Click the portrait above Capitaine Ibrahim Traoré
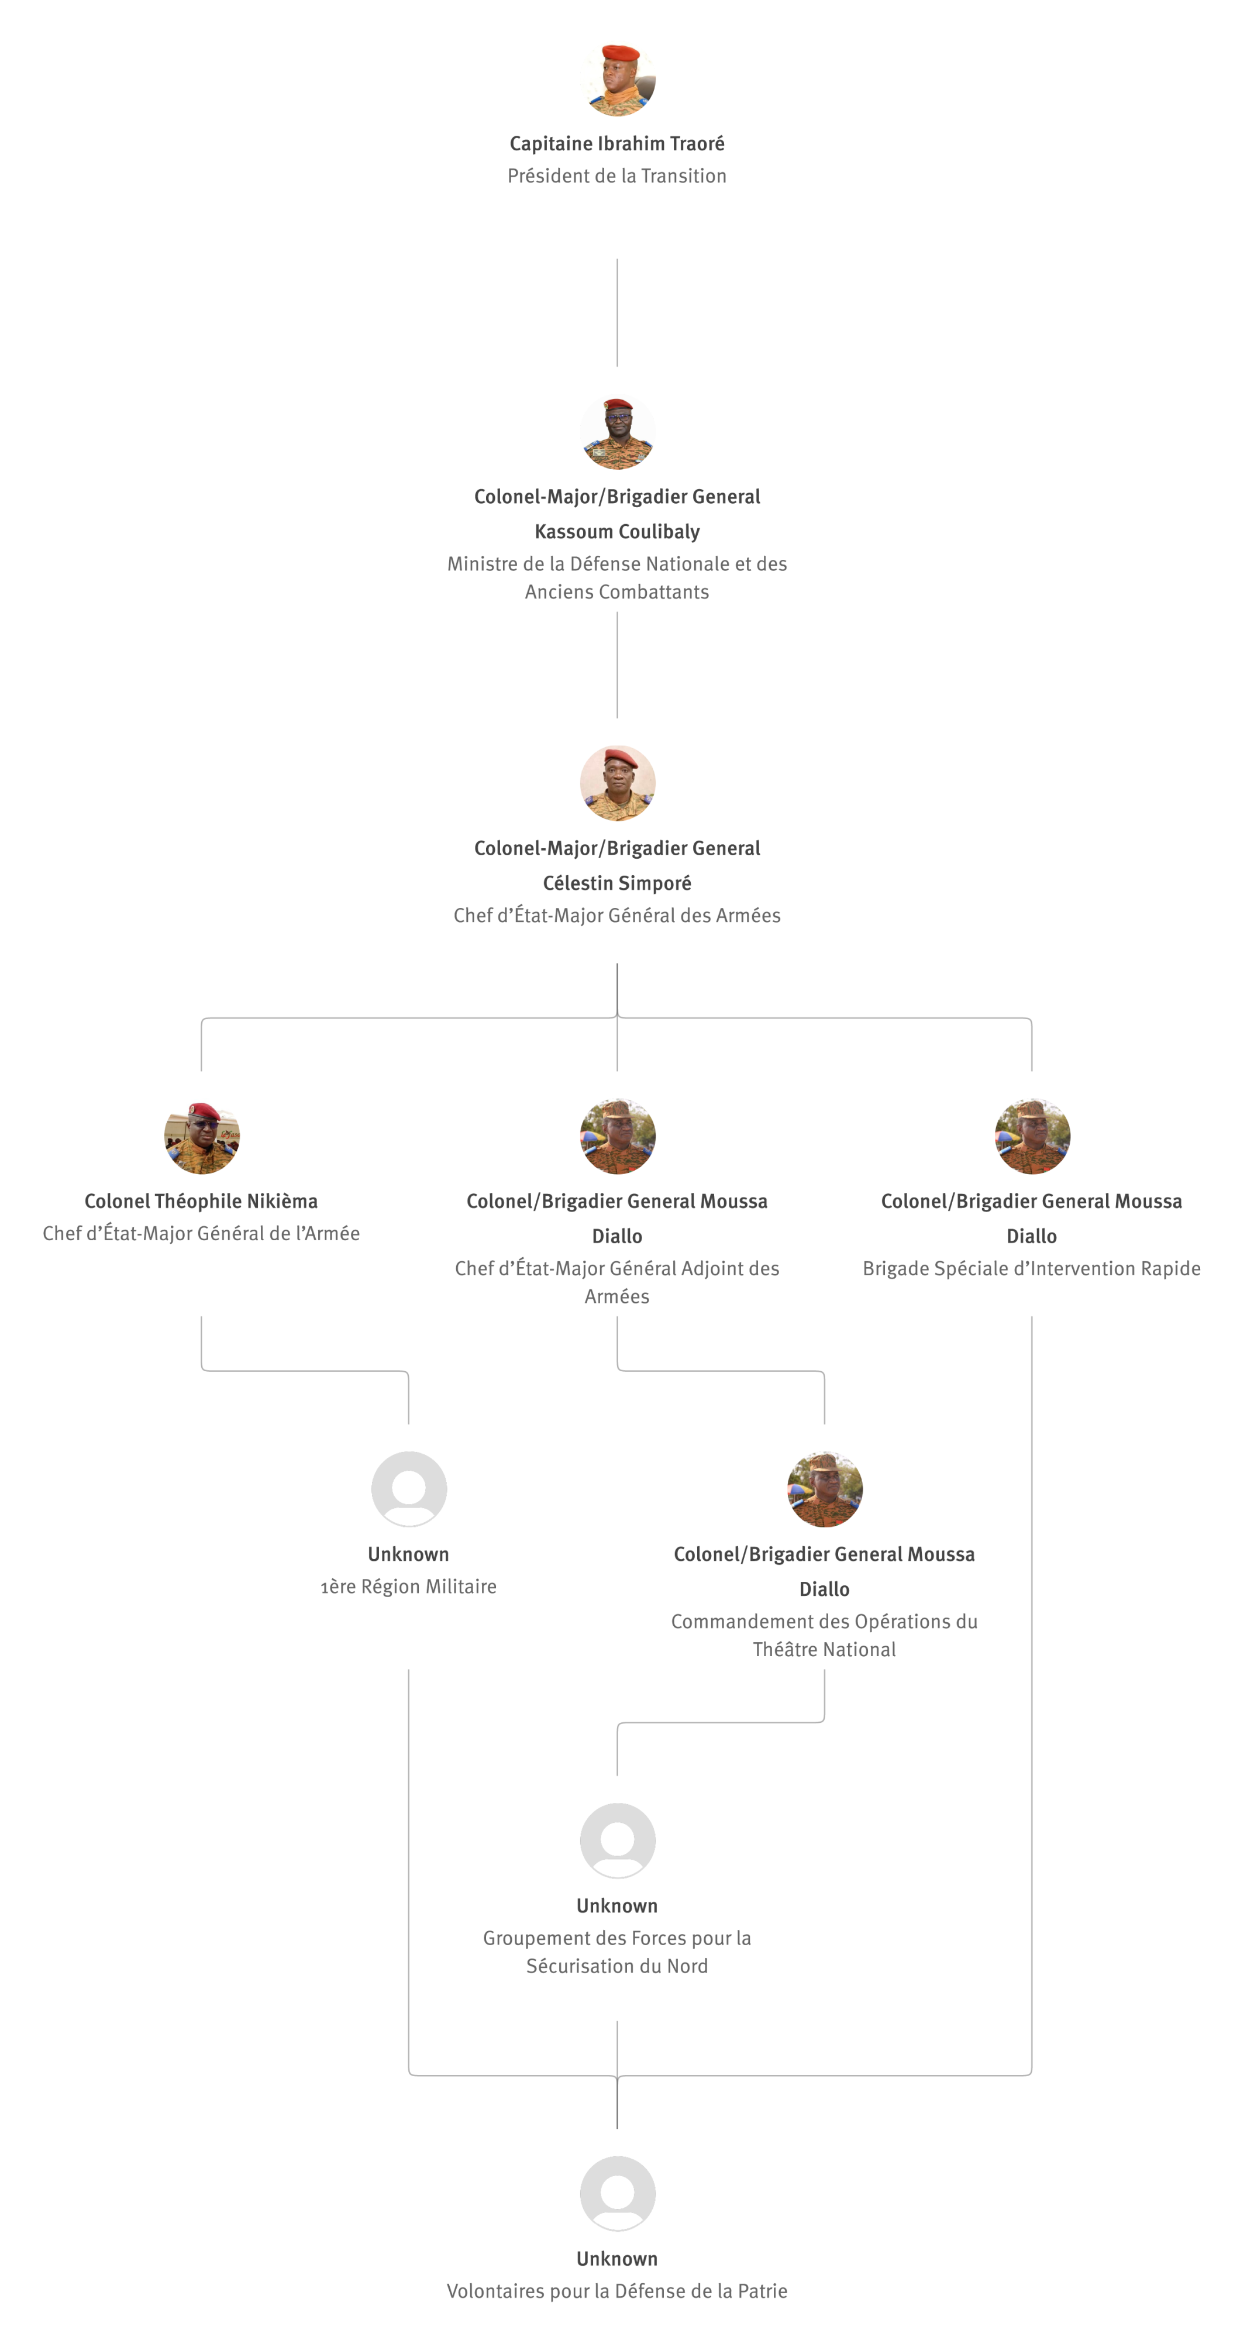[x=618, y=78]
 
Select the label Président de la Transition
[x=616, y=176]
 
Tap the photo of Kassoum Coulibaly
[x=618, y=432]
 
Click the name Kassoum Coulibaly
[x=616, y=531]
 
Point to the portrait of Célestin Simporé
[x=618, y=783]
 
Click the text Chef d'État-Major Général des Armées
[x=616, y=916]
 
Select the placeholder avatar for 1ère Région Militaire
[x=409, y=1489]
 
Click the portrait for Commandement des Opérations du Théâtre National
[x=825, y=1489]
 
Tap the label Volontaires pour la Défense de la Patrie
[x=616, y=2292]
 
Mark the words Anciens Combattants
[x=616, y=592]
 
